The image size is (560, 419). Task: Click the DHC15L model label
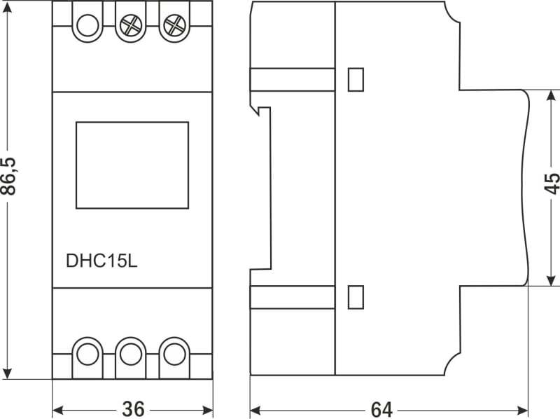point(101,261)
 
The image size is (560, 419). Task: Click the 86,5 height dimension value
point(8,177)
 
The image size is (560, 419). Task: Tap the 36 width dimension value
point(133,409)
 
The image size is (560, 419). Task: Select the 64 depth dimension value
point(381,410)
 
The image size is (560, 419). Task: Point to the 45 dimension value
point(552,184)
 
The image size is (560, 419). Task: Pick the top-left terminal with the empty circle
point(87,25)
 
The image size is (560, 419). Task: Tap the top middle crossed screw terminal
point(131,25)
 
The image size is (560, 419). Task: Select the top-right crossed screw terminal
point(174,25)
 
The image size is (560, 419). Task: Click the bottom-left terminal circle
point(87,355)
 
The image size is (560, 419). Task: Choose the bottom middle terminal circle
point(131,355)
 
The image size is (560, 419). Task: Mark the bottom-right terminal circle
point(174,355)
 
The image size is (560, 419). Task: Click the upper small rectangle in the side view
point(356,79)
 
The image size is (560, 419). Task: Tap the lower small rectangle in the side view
point(356,297)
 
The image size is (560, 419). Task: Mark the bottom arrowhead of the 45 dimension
point(552,280)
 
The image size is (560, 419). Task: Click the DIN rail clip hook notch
point(260,110)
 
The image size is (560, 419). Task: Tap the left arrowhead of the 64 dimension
point(255,410)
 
